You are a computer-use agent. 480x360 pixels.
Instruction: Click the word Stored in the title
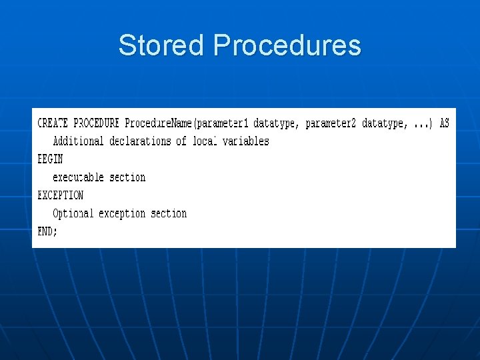click(160, 45)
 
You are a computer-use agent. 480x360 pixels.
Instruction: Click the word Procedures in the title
click(287, 45)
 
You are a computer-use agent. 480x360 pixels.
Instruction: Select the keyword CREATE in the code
click(53, 123)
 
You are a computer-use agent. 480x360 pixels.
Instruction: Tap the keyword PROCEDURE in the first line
click(96, 123)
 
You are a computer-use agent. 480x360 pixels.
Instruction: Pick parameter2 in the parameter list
click(331, 123)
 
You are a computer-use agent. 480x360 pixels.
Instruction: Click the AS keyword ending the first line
click(444, 123)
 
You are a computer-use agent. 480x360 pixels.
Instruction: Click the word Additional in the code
click(78, 141)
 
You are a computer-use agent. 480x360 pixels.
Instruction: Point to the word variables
click(245, 141)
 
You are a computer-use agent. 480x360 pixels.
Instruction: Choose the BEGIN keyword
click(50, 159)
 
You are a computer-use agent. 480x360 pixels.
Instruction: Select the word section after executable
click(127, 177)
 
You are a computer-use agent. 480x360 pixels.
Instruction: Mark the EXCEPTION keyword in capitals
click(61, 195)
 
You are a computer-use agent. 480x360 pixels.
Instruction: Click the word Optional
click(73, 213)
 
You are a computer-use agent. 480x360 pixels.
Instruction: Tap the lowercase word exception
click(122, 213)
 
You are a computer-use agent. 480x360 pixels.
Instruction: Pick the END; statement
click(47, 231)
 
